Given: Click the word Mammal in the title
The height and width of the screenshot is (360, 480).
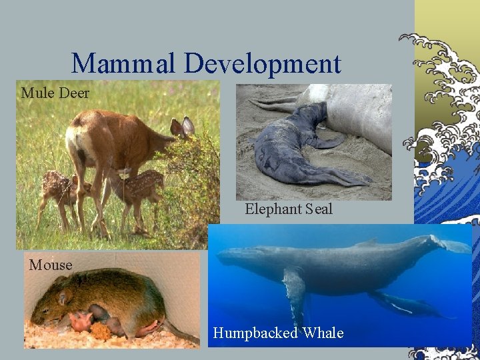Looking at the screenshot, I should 124,64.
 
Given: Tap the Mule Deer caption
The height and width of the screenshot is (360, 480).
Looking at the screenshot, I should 55,93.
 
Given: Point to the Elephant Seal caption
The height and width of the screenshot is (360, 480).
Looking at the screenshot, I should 288,209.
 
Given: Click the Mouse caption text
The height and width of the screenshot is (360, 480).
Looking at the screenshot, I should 51,265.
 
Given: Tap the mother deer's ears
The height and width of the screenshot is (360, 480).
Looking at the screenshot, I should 183,126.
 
